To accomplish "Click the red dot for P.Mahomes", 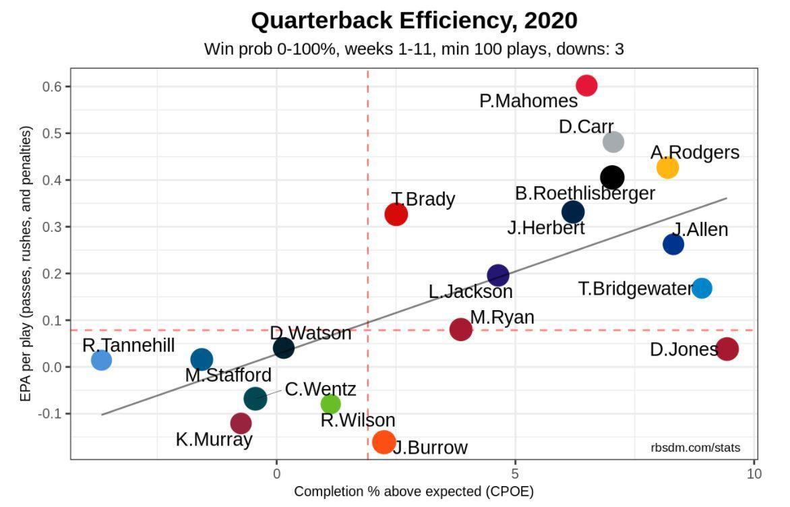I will click(x=586, y=86).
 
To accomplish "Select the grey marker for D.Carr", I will click(x=613, y=142).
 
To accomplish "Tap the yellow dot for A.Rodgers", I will click(x=667, y=167).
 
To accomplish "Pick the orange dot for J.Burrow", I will click(x=384, y=442).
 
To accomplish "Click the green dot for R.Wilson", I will click(x=330, y=404).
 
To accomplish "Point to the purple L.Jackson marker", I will click(x=497, y=275).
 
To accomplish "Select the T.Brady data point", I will click(x=396, y=214).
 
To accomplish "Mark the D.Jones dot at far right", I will click(x=727, y=349).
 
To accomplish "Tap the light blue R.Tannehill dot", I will click(x=101, y=360).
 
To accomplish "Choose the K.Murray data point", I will click(x=241, y=423).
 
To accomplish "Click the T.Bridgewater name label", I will click(x=636, y=289).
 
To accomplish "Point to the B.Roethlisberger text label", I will click(x=585, y=193).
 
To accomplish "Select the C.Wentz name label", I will click(x=320, y=389).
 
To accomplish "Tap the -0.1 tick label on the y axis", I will click(x=52, y=413).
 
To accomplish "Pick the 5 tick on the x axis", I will click(x=515, y=473).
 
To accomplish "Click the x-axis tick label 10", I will click(x=754, y=473).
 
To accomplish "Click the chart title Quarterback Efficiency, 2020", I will click(x=414, y=21).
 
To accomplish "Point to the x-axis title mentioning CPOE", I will click(x=413, y=491).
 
